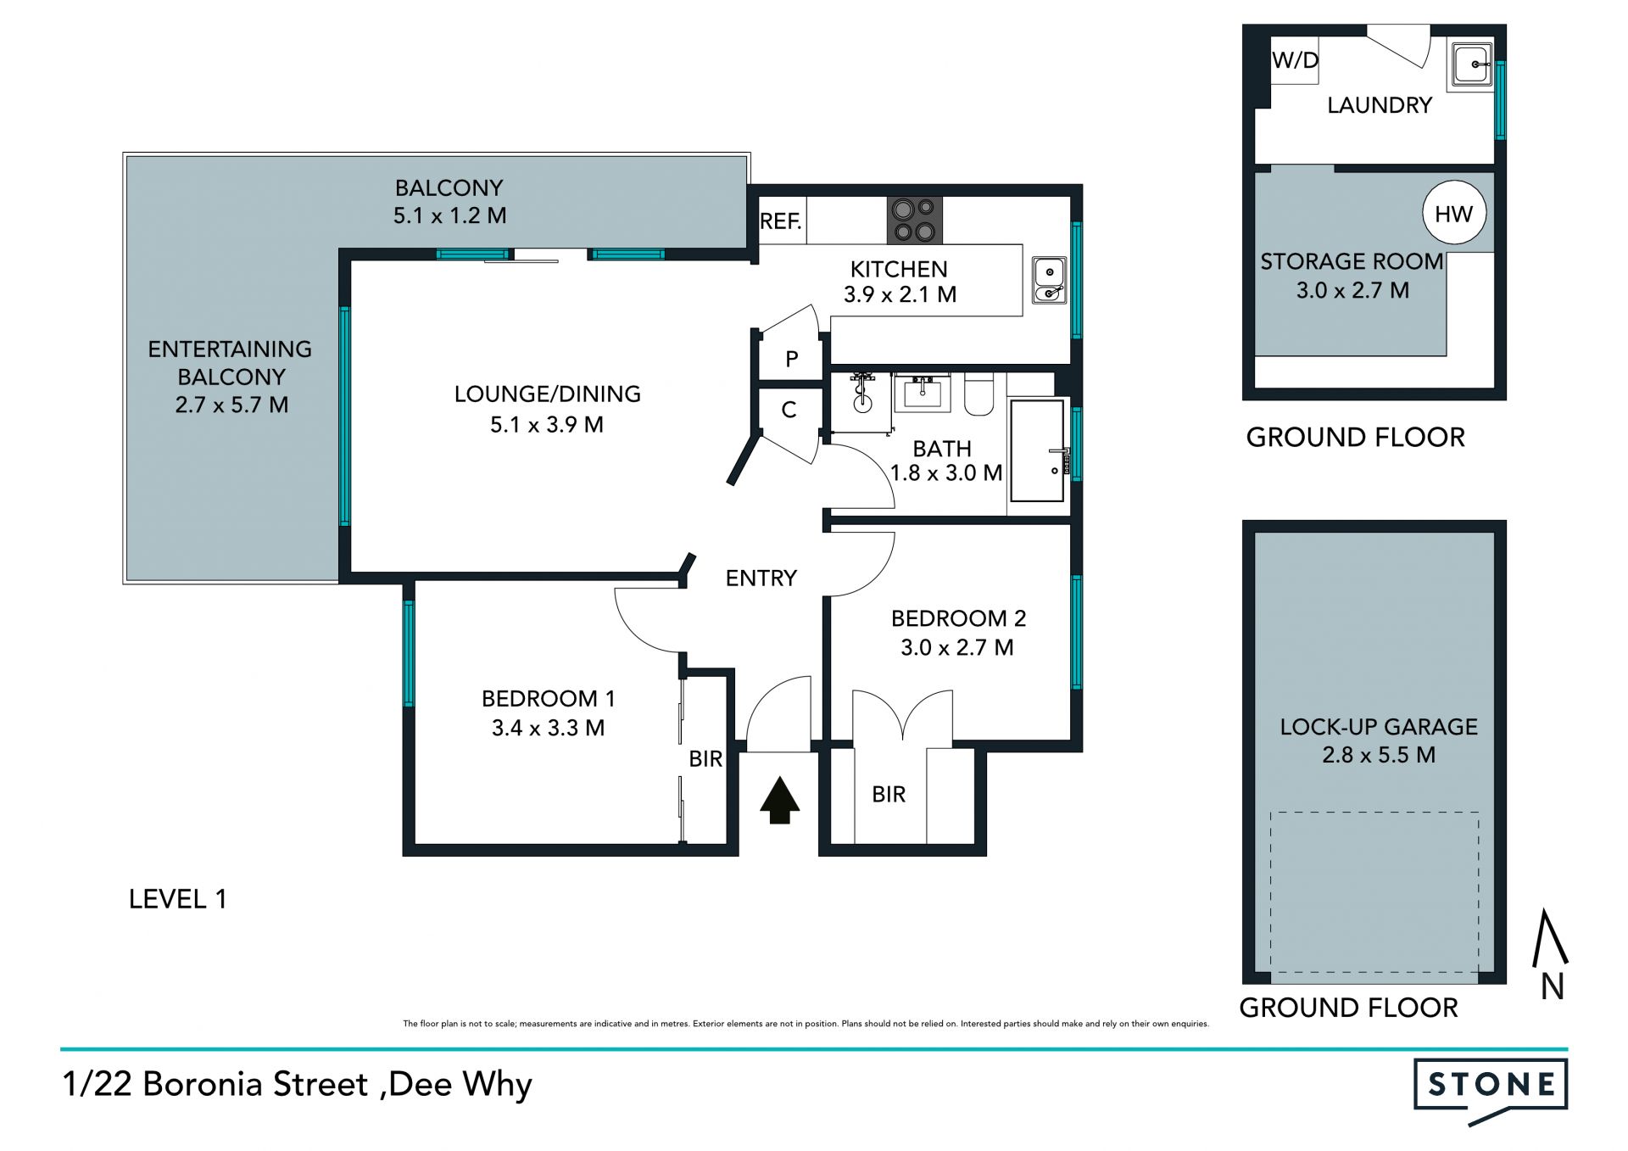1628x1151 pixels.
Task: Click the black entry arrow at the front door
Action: click(779, 802)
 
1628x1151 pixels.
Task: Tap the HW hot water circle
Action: click(1453, 214)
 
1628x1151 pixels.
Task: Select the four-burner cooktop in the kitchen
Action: click(915, 221)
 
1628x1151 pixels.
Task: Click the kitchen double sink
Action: click(1049, 280)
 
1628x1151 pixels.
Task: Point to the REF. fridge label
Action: click(780, 221)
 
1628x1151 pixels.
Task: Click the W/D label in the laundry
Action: click(1296, 60)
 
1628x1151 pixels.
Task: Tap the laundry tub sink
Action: click(1472, 64)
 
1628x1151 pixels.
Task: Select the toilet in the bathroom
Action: click(978, 395)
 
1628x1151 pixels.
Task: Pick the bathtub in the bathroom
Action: click(1037, 450)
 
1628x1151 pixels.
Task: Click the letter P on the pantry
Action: click(791, 359)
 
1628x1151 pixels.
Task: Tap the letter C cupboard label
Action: click(789, 410)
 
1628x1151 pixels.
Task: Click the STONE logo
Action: click(1491, 1089)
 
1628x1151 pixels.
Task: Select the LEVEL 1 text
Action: click(177, 899)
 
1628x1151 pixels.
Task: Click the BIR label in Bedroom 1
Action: click(705, 759)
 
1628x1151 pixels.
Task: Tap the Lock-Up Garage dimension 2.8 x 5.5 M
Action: click(1379, 755)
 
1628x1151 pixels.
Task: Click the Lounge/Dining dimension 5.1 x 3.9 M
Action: click(547, 424)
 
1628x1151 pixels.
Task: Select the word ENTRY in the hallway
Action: click(761, 578)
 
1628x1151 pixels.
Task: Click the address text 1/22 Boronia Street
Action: click(215, 1084)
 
